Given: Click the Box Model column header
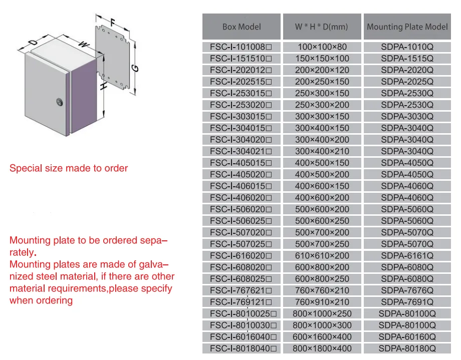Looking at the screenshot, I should tap(242, 27).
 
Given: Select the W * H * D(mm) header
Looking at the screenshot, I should tap(321, 27).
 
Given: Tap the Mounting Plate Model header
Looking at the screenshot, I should tap(407, 27).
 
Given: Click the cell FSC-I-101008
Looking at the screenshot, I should tap(241, 47).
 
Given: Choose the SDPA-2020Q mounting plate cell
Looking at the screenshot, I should tap(407, 70).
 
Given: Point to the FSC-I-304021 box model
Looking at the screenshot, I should tap(241, 151).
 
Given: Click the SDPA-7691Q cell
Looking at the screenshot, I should tap(407, 302).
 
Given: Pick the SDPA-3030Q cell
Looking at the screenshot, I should tap(407, 117).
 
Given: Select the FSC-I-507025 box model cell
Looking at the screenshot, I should tap(241, 244).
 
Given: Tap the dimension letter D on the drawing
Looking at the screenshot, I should tap(32, 43).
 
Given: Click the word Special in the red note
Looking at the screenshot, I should tap(26, 168).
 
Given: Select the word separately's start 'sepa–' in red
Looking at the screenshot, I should tap(153, 240).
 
